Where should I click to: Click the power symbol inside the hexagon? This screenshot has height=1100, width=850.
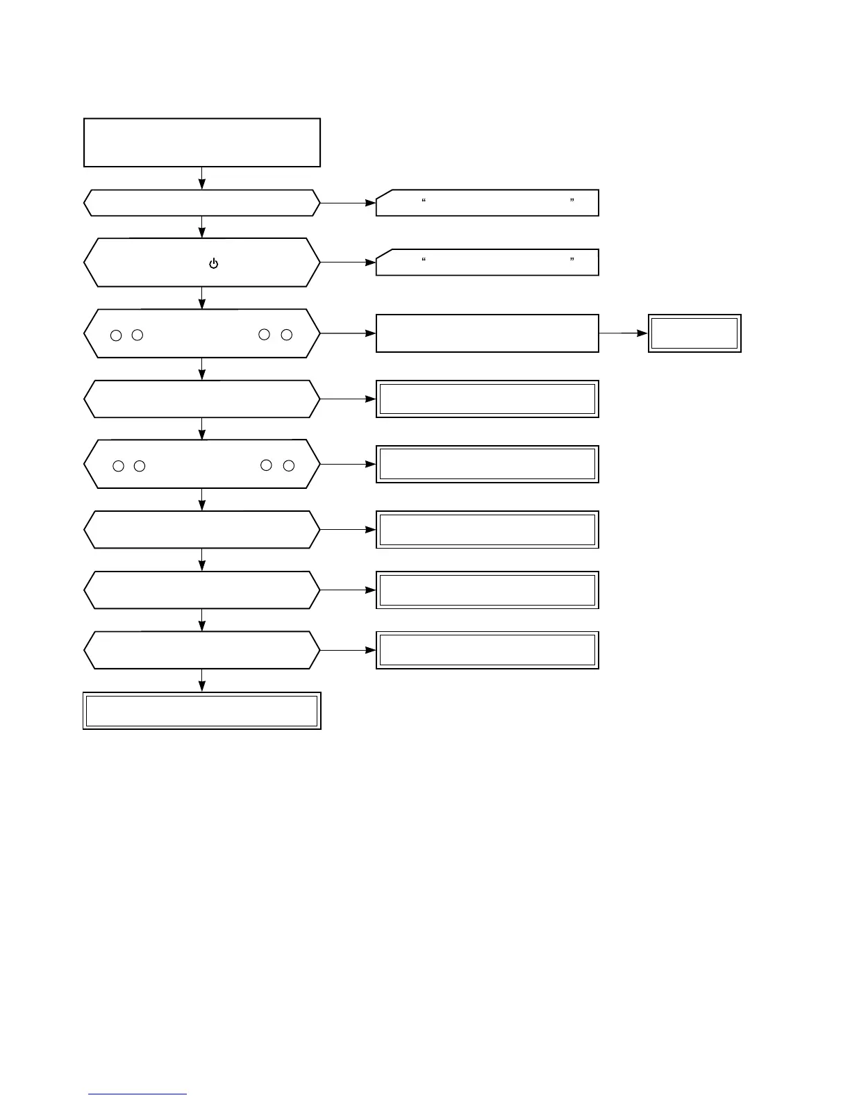pyautogui.click(x=213, y=264)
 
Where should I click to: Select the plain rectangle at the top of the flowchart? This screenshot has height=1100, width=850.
pyautogui.click(x=202, y=142)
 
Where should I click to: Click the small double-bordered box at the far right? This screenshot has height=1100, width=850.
pyautogui.click(x=694, y=333)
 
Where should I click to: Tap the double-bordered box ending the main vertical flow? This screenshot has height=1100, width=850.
pyautogui.click(x=202, y=710)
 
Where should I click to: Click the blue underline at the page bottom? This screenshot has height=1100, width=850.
pyautogui.click(x=137, y=1094)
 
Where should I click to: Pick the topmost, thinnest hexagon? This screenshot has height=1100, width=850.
pyautogui.click(x=202, y=203)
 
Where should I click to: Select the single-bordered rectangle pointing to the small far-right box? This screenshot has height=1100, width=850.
pyautogui.click(x=487, y=333)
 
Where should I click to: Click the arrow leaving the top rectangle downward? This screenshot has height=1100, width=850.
pyautogui.click(x=202, y=178)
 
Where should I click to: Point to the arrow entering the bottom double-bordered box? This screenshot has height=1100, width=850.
pyautogui.click(x=202, y=681)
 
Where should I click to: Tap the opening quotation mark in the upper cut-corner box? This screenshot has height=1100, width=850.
pyautogui.click(x=424, y=201)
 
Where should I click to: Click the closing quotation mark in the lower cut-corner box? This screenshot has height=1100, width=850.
pyautogui.click(x=572, y=260)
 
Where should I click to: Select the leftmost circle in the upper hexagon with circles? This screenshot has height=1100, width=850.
pyautogui.click(x=117, y=335)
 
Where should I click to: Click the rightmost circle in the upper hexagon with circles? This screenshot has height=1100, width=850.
pyautogui.click(x=287, y=335)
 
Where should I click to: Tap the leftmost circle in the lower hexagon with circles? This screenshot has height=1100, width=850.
pyautogui.click(x=119, y=466)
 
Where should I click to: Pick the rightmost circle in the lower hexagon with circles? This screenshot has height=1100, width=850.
pyautogui.click(x=289, y=465)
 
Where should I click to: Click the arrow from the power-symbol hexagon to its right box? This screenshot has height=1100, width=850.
pyautogui.click(x=348, y=262)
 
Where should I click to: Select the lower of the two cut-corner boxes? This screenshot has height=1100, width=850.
pyautogui.click(x=487, y=262)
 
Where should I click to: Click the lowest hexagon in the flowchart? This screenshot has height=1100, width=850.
pyautogui.click(x=202, y=650)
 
